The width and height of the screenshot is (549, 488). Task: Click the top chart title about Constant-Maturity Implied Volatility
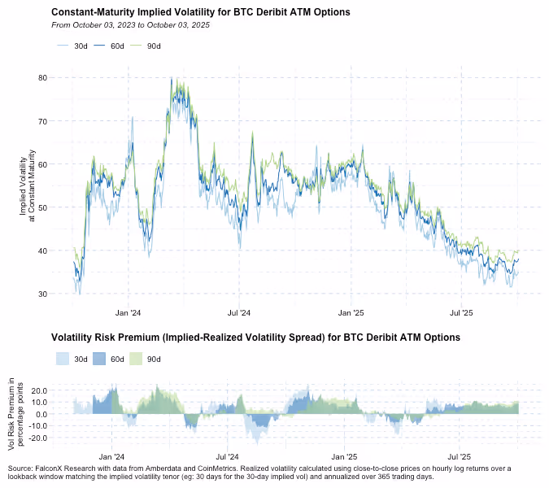point(201,13)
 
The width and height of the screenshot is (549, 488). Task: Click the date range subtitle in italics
point(130,25)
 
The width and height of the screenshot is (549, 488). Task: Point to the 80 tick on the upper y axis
point(42,78)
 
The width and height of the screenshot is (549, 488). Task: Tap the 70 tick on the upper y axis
point(42,121)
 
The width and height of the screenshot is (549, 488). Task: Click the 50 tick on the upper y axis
point(42,207)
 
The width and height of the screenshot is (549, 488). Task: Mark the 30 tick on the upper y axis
point(42,294)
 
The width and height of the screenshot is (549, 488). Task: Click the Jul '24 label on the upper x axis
point(238,312)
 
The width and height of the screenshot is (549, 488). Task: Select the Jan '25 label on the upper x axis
point(351,312)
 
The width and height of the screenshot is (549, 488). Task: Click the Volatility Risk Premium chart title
point(255,337)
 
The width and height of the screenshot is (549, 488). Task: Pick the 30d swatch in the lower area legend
point(63,359)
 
